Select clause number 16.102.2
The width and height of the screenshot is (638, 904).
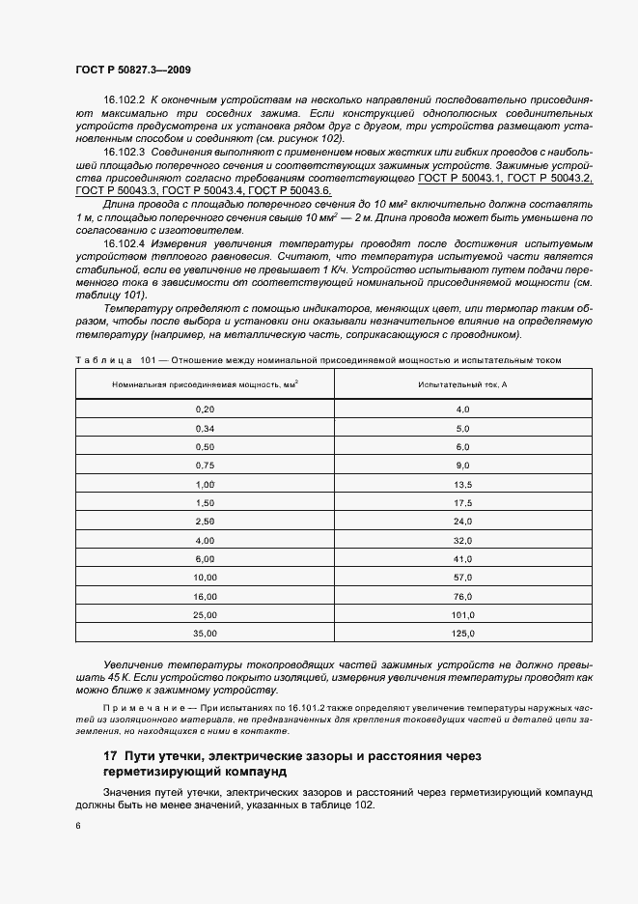(124, 99)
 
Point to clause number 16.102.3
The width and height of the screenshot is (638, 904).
(124, 153)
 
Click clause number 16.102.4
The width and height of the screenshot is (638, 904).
(124, 243)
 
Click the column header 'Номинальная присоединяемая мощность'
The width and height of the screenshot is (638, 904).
(205, 384)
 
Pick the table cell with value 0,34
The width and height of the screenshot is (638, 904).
(205, 428)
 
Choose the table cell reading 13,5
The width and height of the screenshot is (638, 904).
(463, 484)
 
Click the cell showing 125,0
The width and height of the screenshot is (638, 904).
(463, 634)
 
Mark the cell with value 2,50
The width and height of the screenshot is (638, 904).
(205, 522)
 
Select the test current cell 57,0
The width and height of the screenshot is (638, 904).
(463, 578)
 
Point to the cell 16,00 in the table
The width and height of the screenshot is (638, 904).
(205, 596)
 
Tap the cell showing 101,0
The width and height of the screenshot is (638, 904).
(463, 615)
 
